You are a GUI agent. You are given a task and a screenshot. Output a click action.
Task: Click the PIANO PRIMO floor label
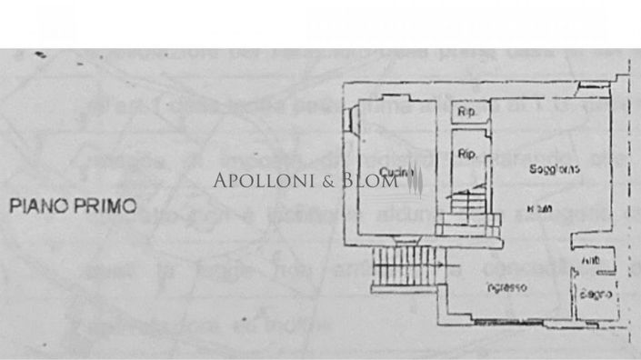pos(73,206)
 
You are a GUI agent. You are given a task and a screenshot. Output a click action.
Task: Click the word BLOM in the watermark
pos(368,181)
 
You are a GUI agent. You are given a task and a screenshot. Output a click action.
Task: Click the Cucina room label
pos(394,173)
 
